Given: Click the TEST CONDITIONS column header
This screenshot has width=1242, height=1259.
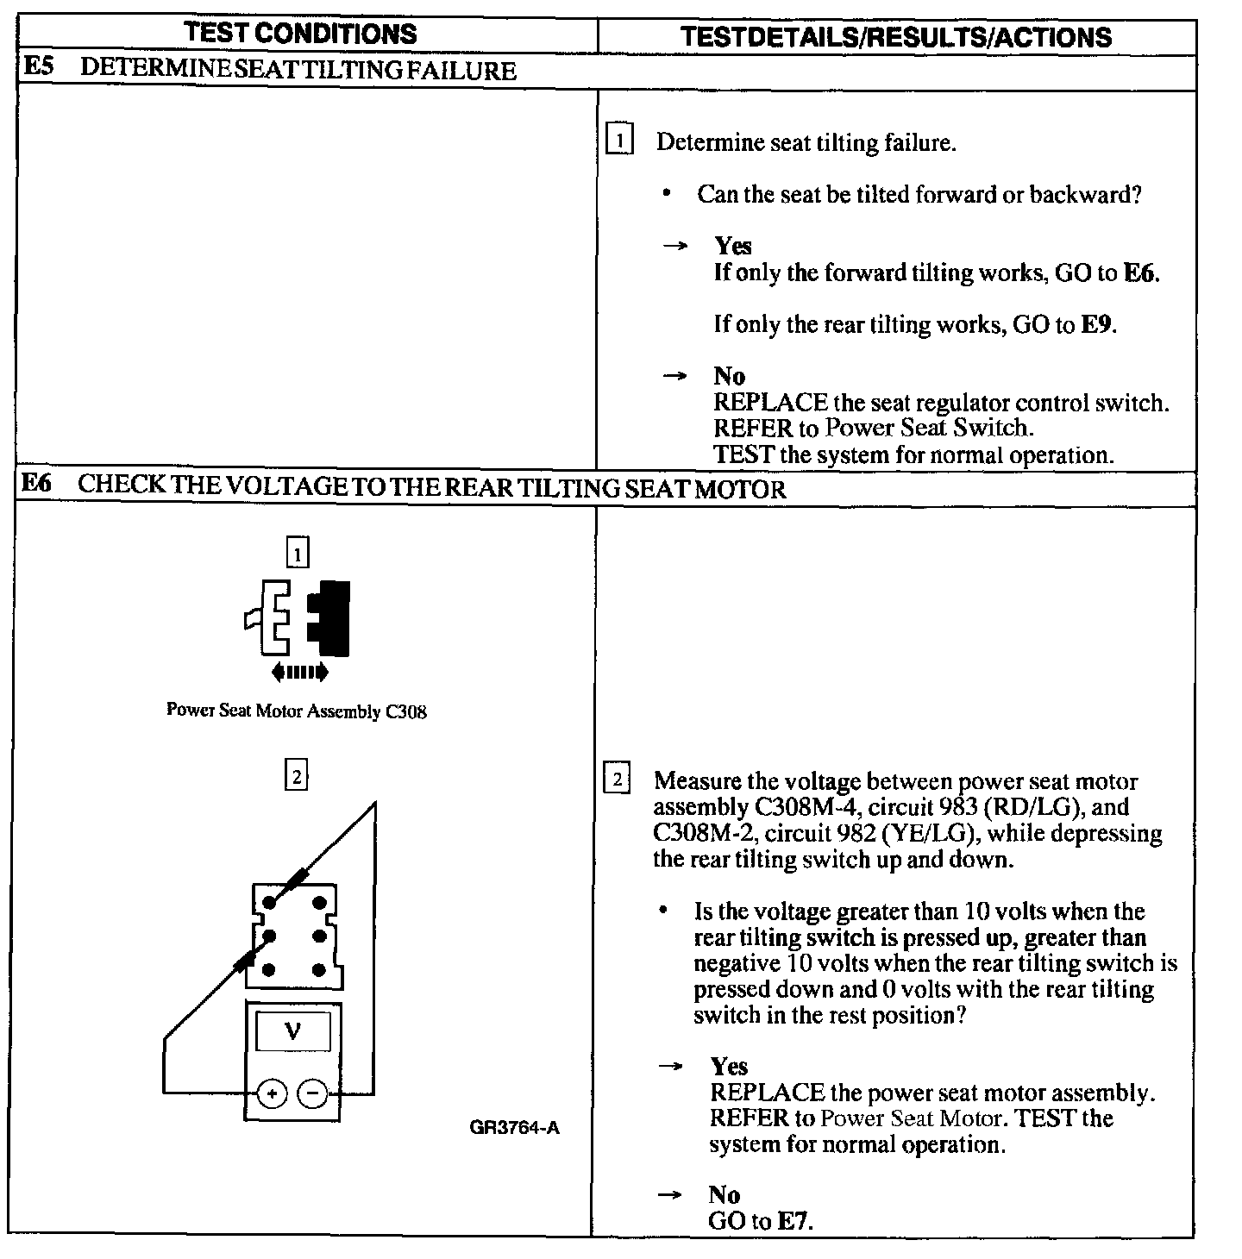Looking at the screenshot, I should click(x=301, y=34).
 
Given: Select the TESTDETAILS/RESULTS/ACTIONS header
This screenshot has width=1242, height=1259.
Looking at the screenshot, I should click(x=896, y=37).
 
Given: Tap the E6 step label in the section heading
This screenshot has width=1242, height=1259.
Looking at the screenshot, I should click(x=37, y=485).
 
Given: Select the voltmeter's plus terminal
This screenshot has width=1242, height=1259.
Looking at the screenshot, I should click(x=272, y=1093).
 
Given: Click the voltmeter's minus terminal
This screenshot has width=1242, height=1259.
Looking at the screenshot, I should click(x=312, y=1093).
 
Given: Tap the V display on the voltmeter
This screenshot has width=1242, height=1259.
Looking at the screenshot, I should click(x=293, y=1030).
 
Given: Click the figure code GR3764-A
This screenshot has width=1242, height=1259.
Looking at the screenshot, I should click(x=515, y=1128).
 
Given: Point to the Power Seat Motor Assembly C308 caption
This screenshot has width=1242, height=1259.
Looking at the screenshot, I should click(x=296, y=711).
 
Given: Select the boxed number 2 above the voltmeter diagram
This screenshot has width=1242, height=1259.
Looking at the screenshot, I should click(x=297, y=777).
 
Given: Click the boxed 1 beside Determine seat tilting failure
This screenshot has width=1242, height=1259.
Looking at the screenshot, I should click(x=620, y=140).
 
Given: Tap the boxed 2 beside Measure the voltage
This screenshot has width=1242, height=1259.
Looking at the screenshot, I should click(x=618, y=780).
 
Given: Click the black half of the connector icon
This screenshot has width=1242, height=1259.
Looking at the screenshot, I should click(x=329, y=617).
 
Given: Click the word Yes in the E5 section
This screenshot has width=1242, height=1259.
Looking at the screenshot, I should click(x=732, y=247).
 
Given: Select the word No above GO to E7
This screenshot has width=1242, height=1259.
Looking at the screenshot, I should click(x=724, y=1194).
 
